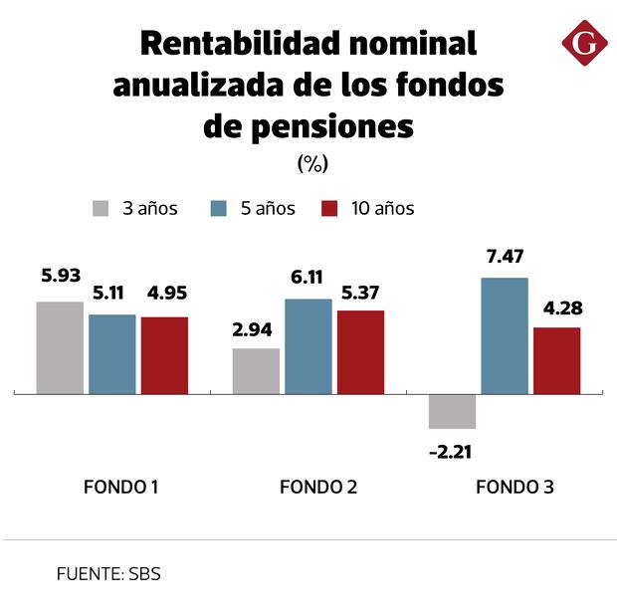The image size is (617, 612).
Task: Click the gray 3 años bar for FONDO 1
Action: tap(60, 347)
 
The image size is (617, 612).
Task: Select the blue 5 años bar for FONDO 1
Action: tap(111, 354)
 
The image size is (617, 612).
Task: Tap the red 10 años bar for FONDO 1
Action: tap(164, 355)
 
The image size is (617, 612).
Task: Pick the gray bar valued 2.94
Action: tap(256, 371)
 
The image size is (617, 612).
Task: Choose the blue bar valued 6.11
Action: tap(308, 346)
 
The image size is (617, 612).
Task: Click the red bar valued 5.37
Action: tap(360, 352)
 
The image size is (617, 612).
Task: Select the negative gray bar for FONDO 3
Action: tap(453, 411)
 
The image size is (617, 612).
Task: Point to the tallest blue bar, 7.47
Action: tap(505, 335)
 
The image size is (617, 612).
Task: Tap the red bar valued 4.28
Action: tap(556, 360)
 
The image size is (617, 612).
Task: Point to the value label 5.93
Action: tap(61, 274)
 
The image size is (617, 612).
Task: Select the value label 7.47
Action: tap(505, 258)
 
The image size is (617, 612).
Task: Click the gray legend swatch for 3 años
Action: tap(101, 209)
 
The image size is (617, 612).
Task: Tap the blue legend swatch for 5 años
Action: tap(220, 209)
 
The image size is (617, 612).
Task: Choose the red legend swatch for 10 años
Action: tap(332, 209)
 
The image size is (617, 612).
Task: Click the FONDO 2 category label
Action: tap(318, 488)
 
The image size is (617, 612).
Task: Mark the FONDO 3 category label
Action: tap(514, 488)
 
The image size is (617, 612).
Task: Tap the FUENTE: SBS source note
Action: tap(108, 574)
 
